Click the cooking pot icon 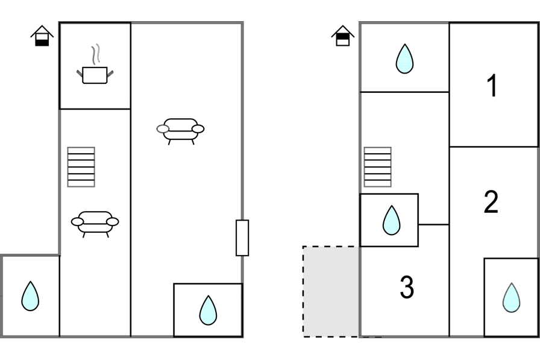[95, 75]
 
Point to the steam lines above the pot [94, 55]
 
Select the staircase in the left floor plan [81, 167]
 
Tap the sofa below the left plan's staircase [95, 223]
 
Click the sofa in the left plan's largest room [181, 130]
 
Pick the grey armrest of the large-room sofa [163, 128]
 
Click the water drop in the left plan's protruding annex [30, 297]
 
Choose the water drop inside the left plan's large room [208, 310]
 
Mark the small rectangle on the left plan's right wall [242, 238]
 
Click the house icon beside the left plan [42, 36]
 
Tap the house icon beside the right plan [342, 36]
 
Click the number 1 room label [492, 86]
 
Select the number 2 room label [491, 203]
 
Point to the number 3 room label [407, 288]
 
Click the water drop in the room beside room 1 [404, 58]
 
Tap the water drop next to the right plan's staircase [391, 220]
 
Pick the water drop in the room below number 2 [511, 298]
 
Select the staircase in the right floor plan [378, 167]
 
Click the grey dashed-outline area [331, 291]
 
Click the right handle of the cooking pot [110, 73]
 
